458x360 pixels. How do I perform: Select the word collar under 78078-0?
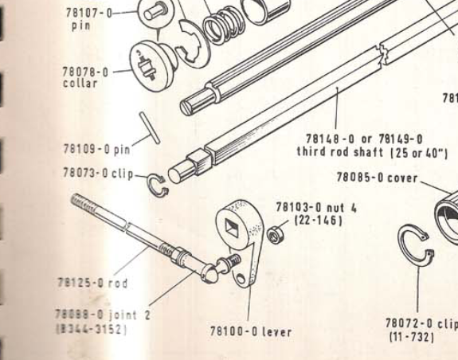[x=80, y=84]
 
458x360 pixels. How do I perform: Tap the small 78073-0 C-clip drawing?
[x=158, y=185]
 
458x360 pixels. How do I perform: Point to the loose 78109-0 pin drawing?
[x=150, y=128]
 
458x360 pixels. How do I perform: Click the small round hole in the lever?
[x=241, y=279]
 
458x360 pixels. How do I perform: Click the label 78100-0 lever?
[x=251, y=332]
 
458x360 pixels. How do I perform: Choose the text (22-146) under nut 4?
[x=318, y=221]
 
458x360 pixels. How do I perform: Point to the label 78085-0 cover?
[x=377, y=178]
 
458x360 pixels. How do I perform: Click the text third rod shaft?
[x=340, y=152]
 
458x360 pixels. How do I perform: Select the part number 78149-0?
[x=401, y=139]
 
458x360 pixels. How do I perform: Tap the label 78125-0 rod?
[x=93, y=283]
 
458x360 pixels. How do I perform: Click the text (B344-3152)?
[x=92, y=330]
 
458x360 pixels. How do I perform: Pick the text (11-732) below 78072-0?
[x=411, y=337]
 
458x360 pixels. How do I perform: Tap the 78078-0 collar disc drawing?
[x=151, y=66]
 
